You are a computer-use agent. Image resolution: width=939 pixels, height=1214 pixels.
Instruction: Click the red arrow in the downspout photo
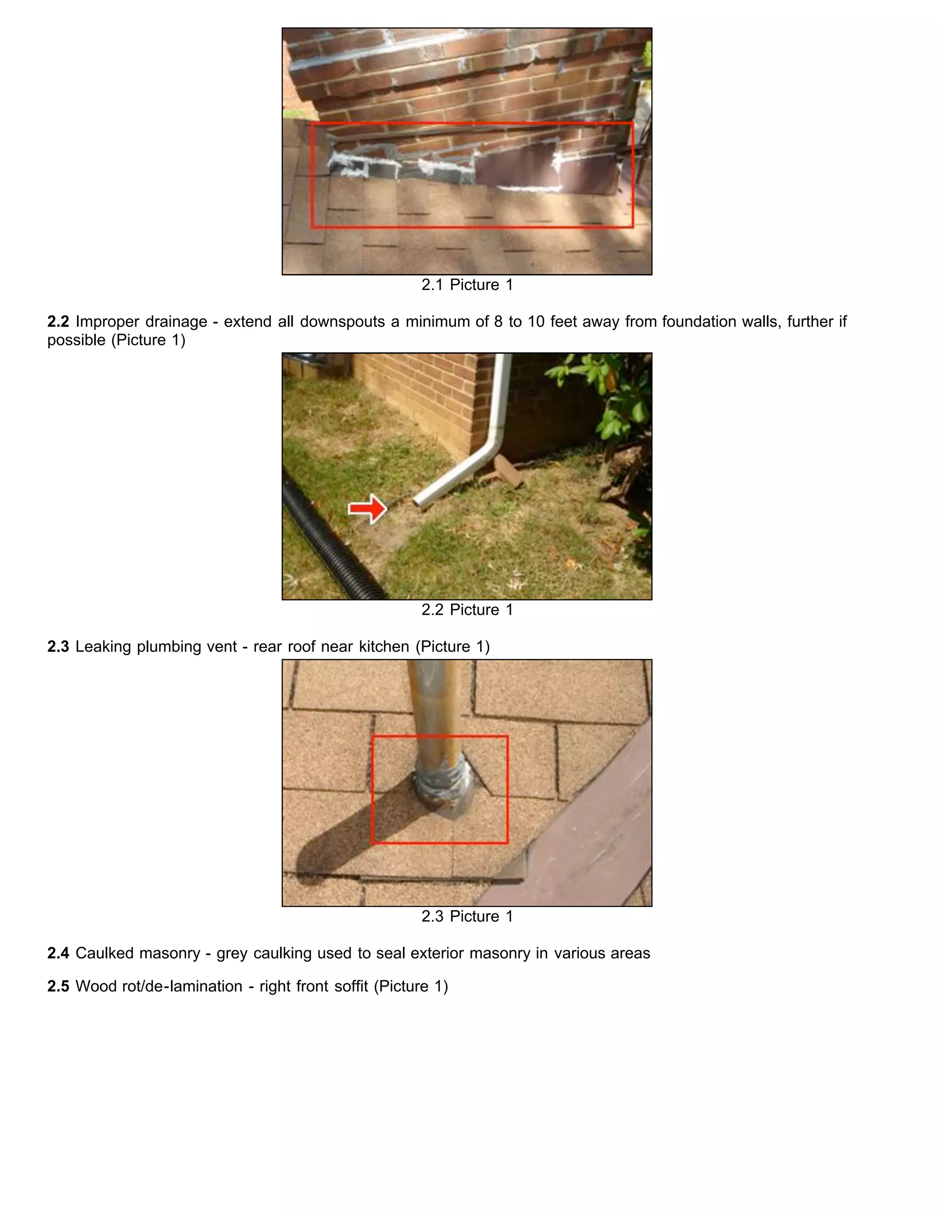(367, 508)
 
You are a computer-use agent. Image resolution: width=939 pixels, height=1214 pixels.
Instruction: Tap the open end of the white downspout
(418, 502)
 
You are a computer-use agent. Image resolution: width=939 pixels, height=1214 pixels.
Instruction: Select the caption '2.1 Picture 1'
(467, 284)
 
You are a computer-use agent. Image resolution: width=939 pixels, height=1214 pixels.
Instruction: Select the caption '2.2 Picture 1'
(467, 610)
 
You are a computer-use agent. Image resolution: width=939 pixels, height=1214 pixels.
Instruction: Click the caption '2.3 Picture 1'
(467, 916)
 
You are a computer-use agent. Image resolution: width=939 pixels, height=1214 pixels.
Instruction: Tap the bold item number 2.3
(58, 646)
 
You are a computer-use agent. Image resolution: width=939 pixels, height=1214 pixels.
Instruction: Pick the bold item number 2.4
(58, 953)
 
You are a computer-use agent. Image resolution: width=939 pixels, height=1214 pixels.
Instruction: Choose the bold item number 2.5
(58, 986)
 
